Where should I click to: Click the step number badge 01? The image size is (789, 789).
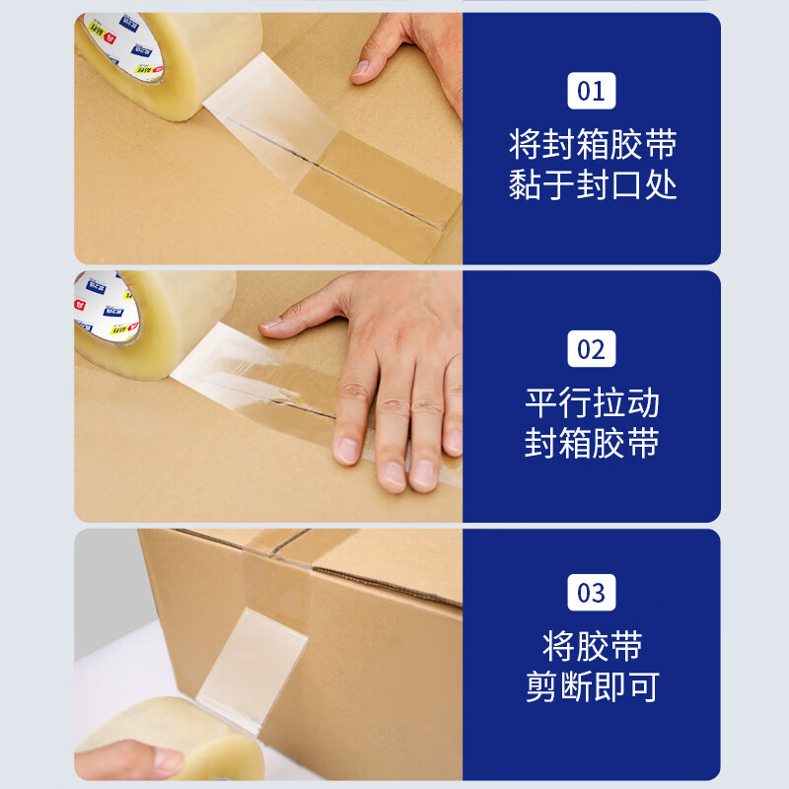(591, 92)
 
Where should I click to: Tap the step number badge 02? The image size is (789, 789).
(591, 349)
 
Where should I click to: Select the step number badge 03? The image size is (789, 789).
(591, 593)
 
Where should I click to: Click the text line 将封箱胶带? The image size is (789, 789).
(592, 146)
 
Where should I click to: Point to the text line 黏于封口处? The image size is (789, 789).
(592, 185)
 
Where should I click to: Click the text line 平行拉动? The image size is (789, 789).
(592, 403)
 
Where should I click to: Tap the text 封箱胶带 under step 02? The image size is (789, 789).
(592, 444)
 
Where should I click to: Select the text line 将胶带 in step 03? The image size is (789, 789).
(592, 647)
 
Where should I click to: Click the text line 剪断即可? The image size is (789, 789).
(592, 687)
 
